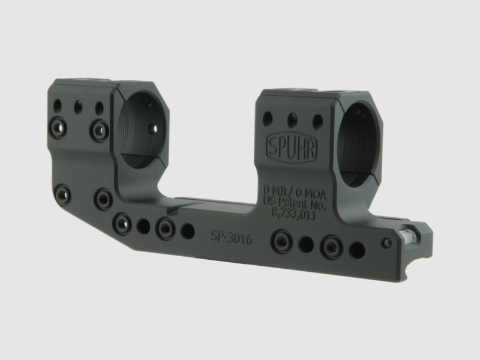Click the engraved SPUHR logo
click(292, 145)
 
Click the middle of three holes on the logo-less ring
click(77, 107)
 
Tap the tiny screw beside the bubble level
click(388, 243)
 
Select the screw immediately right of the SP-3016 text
click(280, 241)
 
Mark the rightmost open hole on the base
click(358, 250)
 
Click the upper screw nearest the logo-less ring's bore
click(99, 128)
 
